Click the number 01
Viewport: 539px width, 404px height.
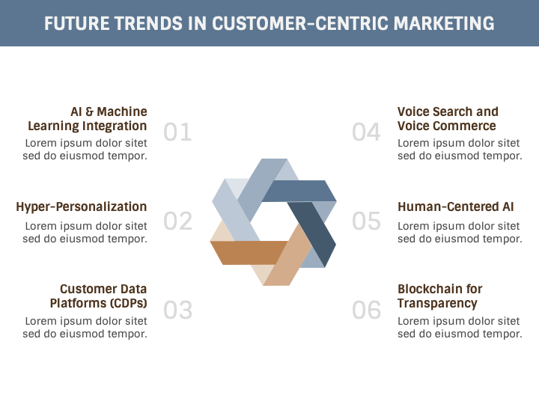coord(177,132)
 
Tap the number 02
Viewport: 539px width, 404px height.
coord(177,221)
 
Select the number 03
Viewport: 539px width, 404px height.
coord(177,310)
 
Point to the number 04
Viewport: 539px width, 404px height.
coord(367,132)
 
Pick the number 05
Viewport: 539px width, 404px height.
coord(367,221)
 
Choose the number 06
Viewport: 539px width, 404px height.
coord(367,310)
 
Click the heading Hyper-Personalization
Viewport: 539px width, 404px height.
coord(81,206)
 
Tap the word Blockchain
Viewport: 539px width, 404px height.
coord(430,289)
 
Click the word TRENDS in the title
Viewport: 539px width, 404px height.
coord(152,23)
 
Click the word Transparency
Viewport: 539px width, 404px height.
coord(437,303)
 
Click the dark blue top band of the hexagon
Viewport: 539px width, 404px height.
coord(299,192)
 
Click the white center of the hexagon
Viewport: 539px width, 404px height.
coord(273,221)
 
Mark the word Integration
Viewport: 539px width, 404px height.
coord(115,126)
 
